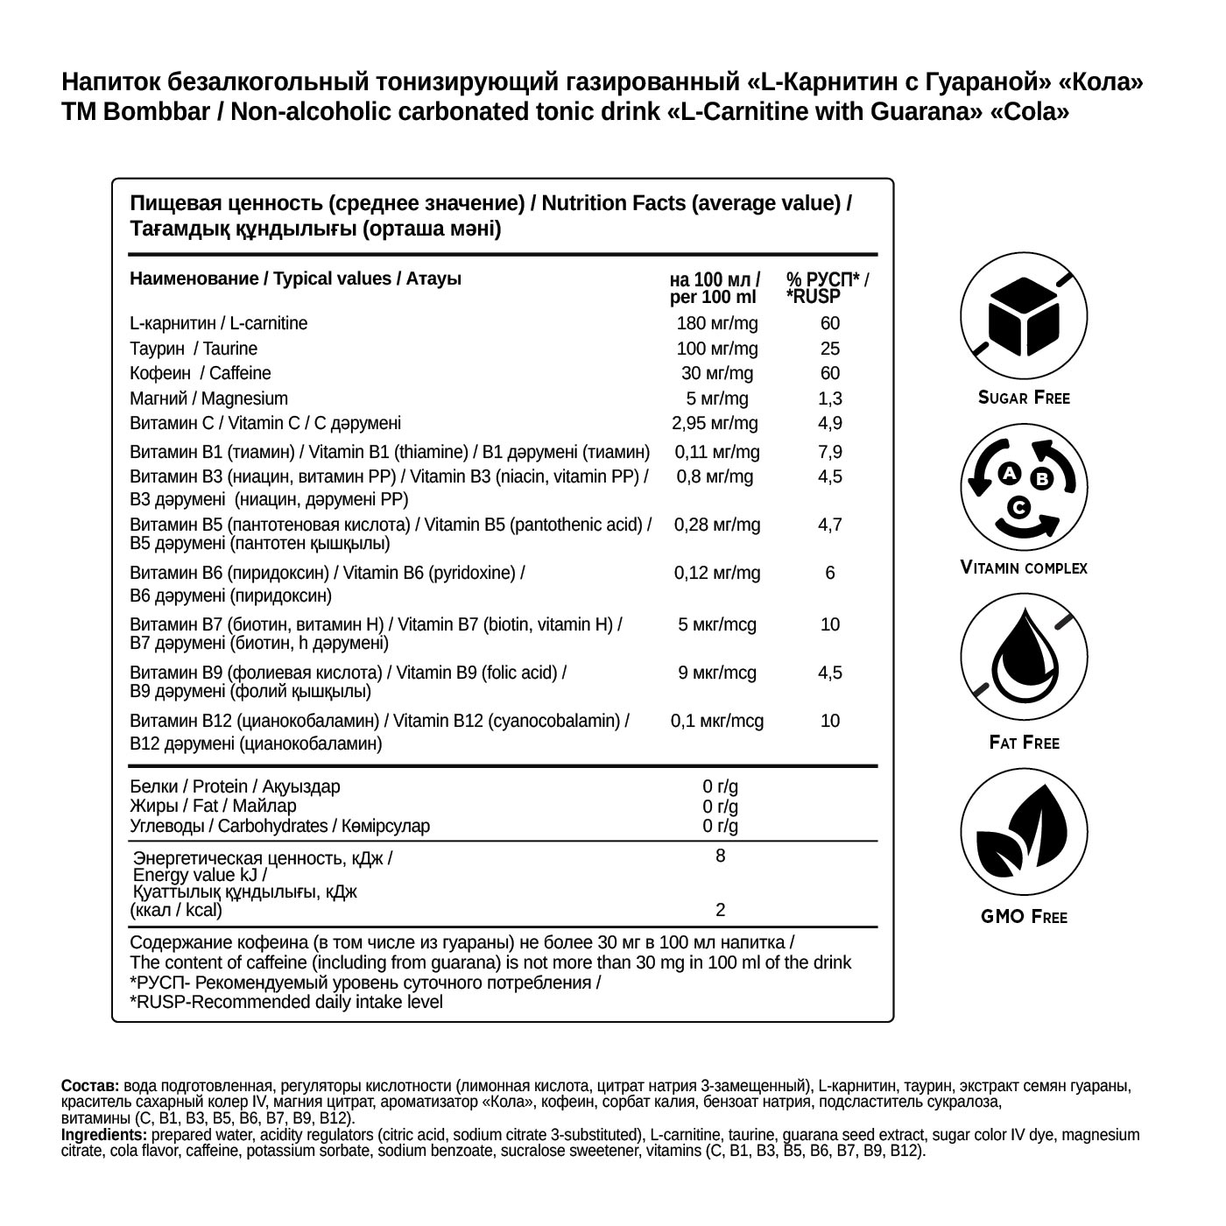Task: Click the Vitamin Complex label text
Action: [1024, 567]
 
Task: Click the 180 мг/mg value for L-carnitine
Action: [717, 323]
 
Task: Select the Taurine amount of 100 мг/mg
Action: [717, 349]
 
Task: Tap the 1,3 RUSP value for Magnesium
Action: [829, 398]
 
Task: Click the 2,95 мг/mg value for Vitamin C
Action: [715, 424]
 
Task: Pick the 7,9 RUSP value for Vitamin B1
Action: [829, 452]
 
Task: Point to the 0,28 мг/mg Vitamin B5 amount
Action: [716, 525]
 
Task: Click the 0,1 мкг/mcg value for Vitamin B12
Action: [716, 721]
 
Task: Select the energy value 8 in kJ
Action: [720, 856]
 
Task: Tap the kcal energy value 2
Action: [720, 910]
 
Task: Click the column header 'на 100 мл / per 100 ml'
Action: [714, 288]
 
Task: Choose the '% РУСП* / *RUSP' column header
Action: [827, 288]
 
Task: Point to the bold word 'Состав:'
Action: [90, 1085]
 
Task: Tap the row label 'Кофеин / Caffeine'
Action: [201, 373]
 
